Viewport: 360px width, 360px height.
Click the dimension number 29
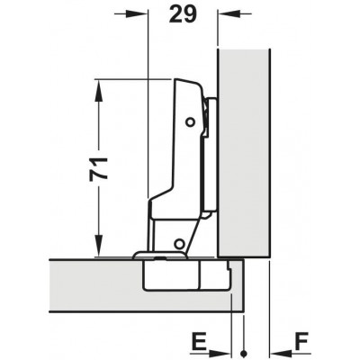tap(180, 16)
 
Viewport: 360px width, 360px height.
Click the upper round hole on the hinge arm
tap(190, 121)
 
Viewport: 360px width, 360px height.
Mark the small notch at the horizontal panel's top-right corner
tap(232, 264)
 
